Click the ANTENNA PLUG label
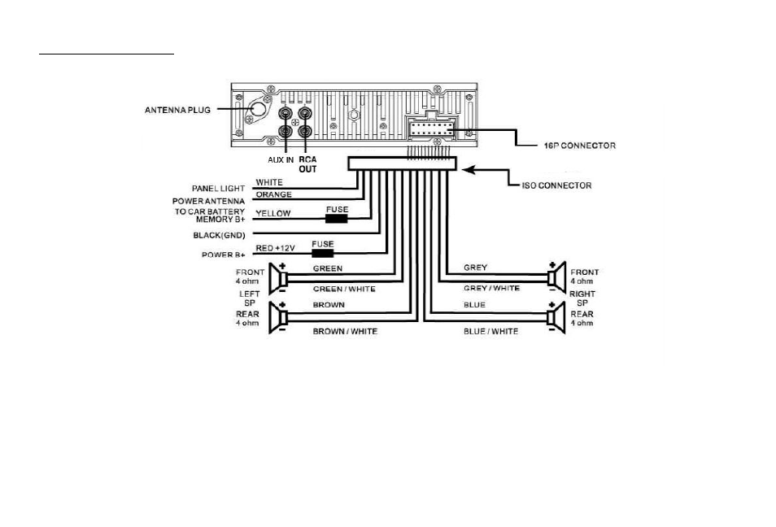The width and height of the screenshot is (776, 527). pyautogui.click(x=177, y=110)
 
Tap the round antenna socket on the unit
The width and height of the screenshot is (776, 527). pyautogui.click(x=257, y=109)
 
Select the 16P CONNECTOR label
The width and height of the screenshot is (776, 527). pyautogui.click(x=579, y=146)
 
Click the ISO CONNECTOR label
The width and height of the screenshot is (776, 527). pyautogui.click(x=556, y=185)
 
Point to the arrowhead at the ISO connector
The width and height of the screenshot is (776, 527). pyautogui.click(x=469, y=170)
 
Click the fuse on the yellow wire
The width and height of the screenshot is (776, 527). pyautogui.click(x=337, y=218)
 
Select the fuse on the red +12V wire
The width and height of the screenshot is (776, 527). pyautogui.click(x=322, y=253)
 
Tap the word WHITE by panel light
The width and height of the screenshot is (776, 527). pyautogui.click(x=269, y=182)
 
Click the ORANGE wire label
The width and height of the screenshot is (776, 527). pyautogui.click(x=273, y=194)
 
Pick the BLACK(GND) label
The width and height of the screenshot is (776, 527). pyautogui.click(x=219, y=235)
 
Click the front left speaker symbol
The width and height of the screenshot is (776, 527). pyautogui.click(x=278, y=279)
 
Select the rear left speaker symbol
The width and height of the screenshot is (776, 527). pyautogui.click(x=278, y=317)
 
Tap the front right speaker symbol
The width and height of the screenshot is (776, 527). pyautogui.click(x=556, y=277)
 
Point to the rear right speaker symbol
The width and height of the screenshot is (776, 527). pyautogui.click(x=556, y=317)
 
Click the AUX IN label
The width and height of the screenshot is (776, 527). pyautogui.click(x=281, y=160)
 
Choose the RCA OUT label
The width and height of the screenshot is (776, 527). pyautogui.click(x=307, y=164)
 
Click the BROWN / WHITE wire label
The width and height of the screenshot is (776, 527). pyautogui.click(x=345, y=331)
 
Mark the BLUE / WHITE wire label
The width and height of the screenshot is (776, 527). pyautogui.click(x=491, y=331)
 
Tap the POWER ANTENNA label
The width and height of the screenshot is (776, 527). pyautogui.click(x=208, y=201)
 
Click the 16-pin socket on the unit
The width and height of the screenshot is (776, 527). pyautogui.click(x=430, y=128)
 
